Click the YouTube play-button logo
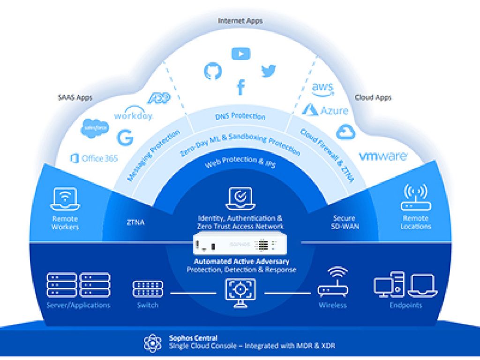pyautogui.click(x=240, y=53)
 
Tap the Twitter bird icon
pyautogui.click(x=268, y=71)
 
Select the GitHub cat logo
pyautogui.click(x=212, y=71)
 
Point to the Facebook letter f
pyautogui.click(x=240, y=87)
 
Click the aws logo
pyautogui.click(x=322, y=89)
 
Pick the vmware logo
pyautogui.click(x=383, y=156)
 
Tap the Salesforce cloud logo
pyautogui.click(x=95, y=128)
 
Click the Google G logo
pyautogui.click(x=125, y=137)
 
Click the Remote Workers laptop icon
pyautogui.click(x=65, y=199)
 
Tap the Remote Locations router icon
pyautogui.click(x=415, y=198)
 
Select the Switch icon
pyautogui.click(x=148, y=289)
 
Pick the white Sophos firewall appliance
pyautogui.click(x=240, y=245)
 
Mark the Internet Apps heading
pyautogui.click(x=240, y=21)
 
